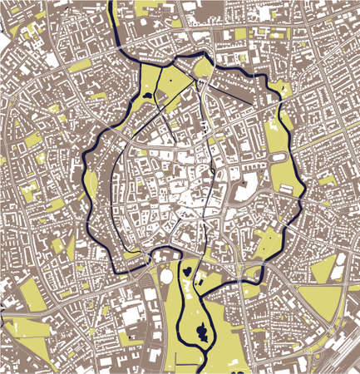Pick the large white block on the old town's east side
(249, 188)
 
